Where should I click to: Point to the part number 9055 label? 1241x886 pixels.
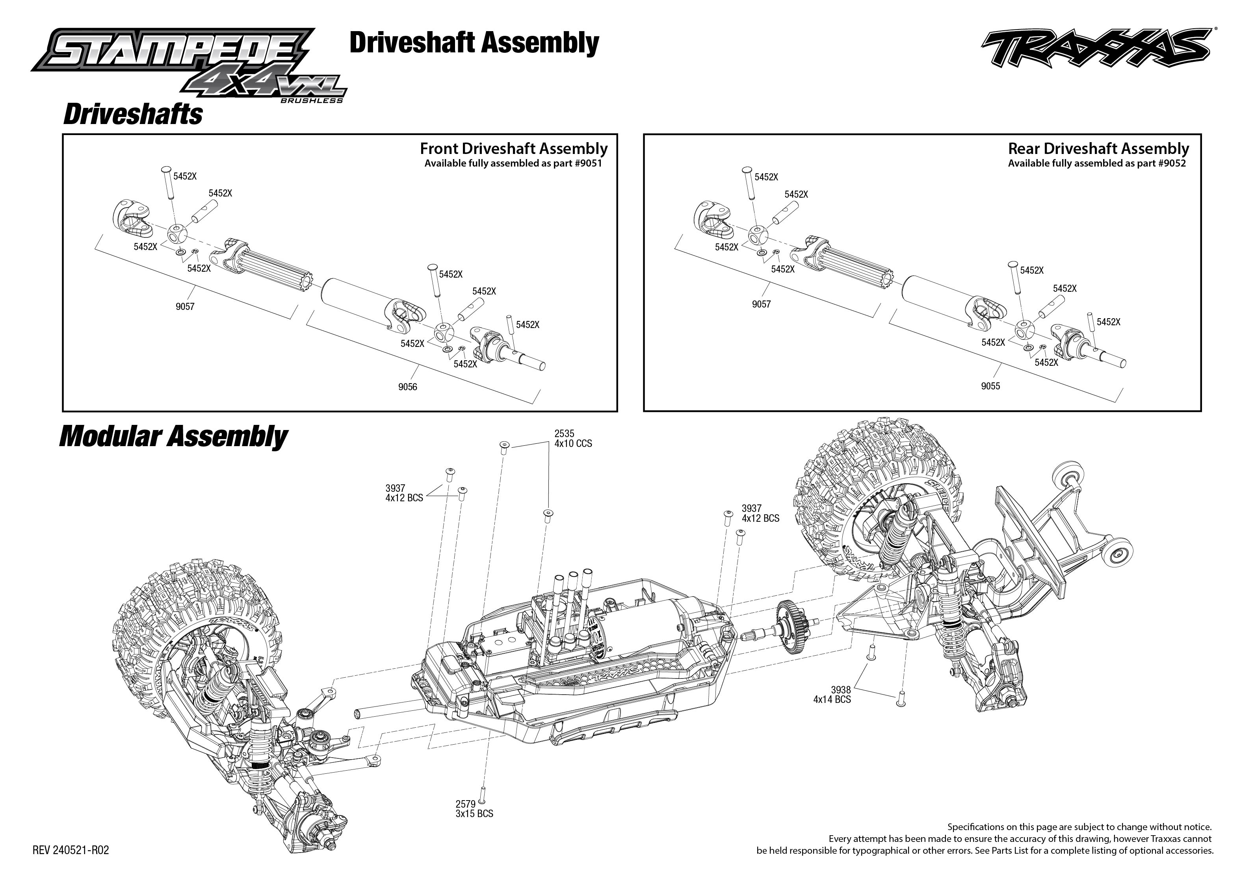(990, 386)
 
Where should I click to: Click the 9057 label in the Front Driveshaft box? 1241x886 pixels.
(185, 307)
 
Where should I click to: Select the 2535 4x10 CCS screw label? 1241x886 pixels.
(572, 439)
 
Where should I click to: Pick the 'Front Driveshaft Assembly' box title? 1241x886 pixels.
(513, 149)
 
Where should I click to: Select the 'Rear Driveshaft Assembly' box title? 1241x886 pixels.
(1098, 149)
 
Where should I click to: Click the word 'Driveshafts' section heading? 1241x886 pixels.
(133, 115)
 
